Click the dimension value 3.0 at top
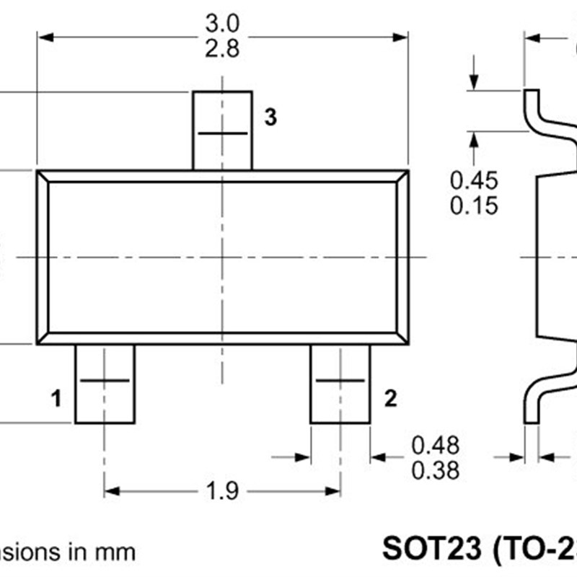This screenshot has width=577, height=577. tap(222, 23)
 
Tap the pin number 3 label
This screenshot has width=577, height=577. tap(270, 118)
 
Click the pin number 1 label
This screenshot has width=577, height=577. tap(56, 398)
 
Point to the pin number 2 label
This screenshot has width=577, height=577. tap(390, 398)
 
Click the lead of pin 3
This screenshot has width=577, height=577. tap(222, 130)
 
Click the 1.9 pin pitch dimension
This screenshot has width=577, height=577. tap(222, 491)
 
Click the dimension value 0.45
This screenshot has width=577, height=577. tap(474, 179)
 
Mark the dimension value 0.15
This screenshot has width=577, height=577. tap(474, 205)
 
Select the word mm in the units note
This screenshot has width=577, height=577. tap(117, 552)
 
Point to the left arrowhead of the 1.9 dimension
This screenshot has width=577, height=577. tap(110, 491)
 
